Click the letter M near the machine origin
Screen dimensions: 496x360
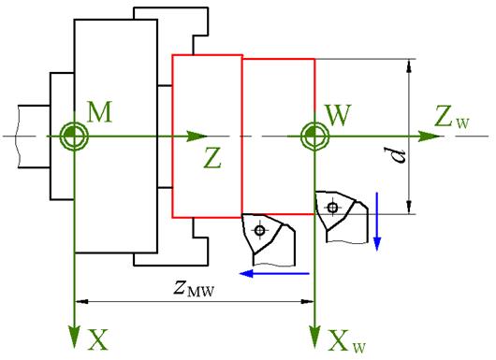[99, 112]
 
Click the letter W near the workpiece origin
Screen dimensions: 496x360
[339, 115]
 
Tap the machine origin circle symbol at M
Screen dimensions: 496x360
[74, 137]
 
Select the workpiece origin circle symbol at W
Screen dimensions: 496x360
[314, 137]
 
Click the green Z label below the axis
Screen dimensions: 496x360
[212, 159]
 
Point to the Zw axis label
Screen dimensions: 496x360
[452, 117]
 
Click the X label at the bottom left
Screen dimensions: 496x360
[97, 339]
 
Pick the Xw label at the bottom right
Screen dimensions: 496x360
[346, 341]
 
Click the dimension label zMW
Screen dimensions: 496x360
[194, 288]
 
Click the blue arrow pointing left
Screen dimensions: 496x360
[274, 273]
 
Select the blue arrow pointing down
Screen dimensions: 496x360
[377, 222]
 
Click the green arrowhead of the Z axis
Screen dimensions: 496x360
[197, 137]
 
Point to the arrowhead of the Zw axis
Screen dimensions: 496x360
[430, 137]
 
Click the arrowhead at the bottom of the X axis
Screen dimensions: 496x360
[74, 338]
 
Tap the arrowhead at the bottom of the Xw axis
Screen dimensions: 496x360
[314, 338]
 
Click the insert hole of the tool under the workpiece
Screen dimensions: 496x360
[260, 230]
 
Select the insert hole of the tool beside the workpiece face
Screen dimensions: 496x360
[332, 208]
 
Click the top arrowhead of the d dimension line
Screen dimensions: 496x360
[409, 65]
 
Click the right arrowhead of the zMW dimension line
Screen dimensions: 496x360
[307, 301]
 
